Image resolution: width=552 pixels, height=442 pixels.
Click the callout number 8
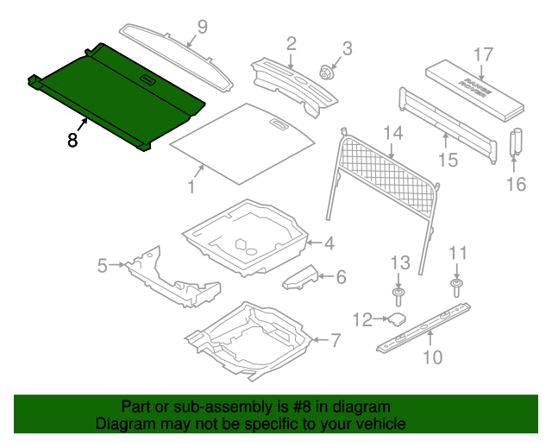pyautogui.click(x=72, y=139)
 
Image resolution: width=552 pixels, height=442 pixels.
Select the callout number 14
pyautogui.click(x=393, y=132)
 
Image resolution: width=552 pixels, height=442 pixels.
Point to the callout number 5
pyautogui.click(x=103, y=265)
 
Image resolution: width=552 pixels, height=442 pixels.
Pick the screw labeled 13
pyautogui.click(x=398, y=298)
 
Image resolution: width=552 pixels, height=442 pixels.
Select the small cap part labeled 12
pyautogui.click(x=397, y=319)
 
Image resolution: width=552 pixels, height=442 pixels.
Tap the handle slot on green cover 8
pyautogui.click(x=147, y=81)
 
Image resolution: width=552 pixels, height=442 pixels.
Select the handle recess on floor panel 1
pyautogui.click(x=279, y=124)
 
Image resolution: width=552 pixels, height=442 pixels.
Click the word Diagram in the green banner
pyautogui.click(x=122, y=425)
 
